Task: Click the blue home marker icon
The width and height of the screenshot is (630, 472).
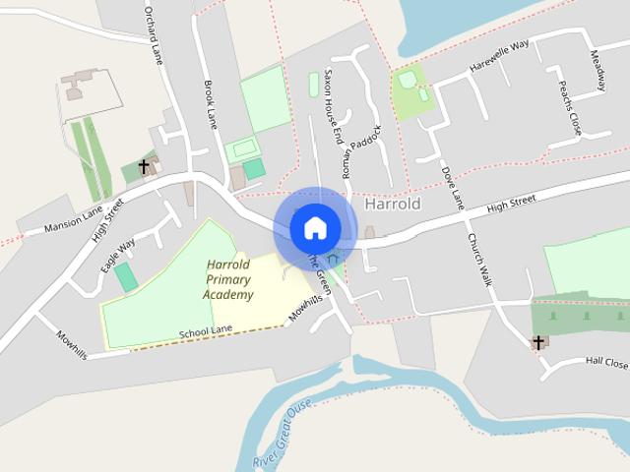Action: click(315, 228)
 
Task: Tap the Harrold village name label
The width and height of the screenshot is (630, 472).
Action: click(392, 205)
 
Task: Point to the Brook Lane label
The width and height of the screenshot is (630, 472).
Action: click(209, 103)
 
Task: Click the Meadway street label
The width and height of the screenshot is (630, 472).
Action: click(598, 71)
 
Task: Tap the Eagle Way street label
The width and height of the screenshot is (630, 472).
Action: click(118, 255)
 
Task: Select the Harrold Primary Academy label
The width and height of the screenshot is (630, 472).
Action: click(228, 280)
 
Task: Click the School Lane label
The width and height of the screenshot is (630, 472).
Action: click(205, 334)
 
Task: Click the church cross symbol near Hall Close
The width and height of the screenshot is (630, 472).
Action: click(538, 342)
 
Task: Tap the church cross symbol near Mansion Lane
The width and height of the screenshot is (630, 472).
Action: click(145, 167)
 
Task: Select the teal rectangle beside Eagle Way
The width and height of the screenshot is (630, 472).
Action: click(126, 278)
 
